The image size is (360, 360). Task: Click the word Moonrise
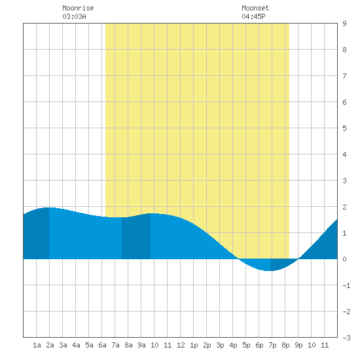(78, 9)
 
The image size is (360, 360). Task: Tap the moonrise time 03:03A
(74, 16)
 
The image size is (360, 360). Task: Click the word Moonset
(255, 9)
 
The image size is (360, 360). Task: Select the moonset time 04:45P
(253, 16)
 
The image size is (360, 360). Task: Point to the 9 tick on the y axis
(344, 24)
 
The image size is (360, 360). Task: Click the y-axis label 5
(344, 128)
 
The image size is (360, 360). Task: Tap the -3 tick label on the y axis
(346, 338)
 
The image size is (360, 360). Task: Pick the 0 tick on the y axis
(344, 259)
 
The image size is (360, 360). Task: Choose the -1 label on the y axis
(346, 285)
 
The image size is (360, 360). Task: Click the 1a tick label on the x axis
(37, 345)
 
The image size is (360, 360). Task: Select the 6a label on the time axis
(102, 345)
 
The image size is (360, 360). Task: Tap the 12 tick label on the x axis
(181, 345)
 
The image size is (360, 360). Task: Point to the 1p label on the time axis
(194, 345)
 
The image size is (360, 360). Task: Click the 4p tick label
(233, 345)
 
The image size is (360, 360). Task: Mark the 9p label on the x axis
(298, 345)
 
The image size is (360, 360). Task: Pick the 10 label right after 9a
(154, 345)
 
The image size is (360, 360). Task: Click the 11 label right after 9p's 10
(325, 345)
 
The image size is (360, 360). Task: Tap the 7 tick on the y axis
(344, 76)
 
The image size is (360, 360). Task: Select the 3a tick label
(63, 345)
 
